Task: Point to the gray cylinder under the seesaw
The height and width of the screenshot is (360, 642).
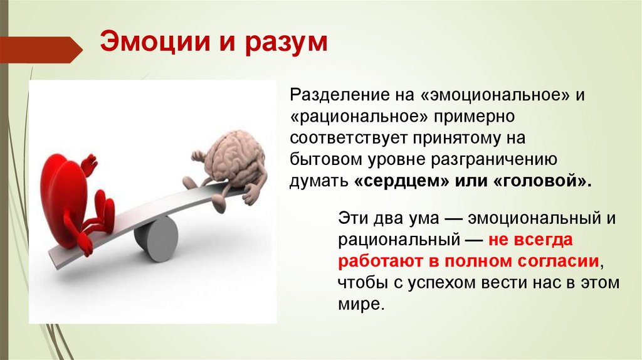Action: pyautogui.click(x=155, y=238)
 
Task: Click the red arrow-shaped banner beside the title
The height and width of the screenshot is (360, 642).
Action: pyautogui.click(x=41, y=49)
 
